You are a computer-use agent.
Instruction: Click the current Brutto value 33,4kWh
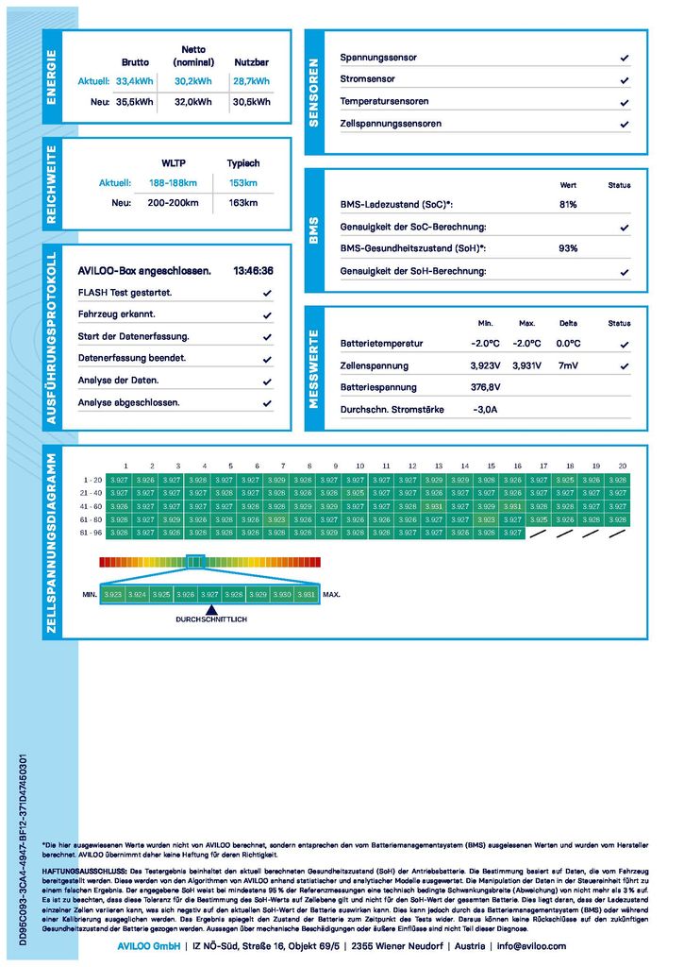click(x=134, y=81)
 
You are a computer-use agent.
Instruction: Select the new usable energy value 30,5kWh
click(x=251, y=102)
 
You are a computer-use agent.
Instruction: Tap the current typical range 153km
click(x=243, y=183)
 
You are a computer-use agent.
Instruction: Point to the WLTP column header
click(x=174, y=163)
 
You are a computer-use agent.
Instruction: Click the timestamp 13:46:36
click(x=253, y=271)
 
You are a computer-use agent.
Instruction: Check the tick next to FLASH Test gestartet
click(x=267, y=294)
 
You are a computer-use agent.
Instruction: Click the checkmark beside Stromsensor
click(x=625, y=80)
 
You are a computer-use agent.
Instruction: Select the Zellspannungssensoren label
click(x=391, y=124)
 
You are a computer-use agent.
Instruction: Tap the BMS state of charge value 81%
click(x=568, y=205)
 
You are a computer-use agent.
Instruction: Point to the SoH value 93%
click(x=568, y=248)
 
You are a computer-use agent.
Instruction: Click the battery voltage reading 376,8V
click(x=486, y=387)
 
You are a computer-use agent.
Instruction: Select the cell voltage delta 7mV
click(x=568, y=365)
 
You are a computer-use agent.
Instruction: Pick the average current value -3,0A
click(x=484, y=410)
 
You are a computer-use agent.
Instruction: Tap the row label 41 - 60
click(x=92, y=506)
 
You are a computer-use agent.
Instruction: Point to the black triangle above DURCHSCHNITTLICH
click(x=210, y=610)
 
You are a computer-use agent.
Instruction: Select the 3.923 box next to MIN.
click(x=113, y=595)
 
